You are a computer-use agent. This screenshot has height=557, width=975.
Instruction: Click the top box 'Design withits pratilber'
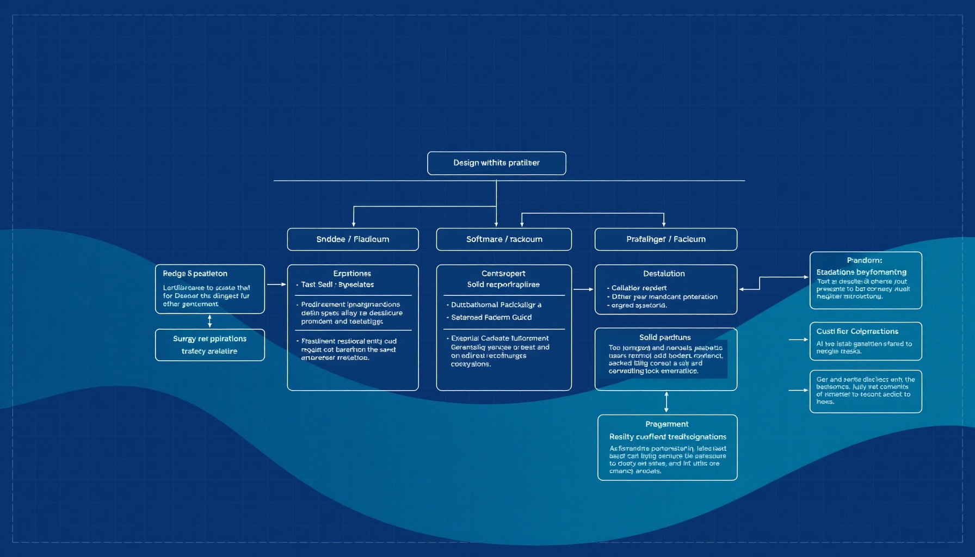[x=496, y=163]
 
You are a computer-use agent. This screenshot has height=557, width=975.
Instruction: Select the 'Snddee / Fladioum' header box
[x=353, y=239]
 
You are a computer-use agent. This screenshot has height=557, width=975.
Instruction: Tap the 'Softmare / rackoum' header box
[x=504, y=239]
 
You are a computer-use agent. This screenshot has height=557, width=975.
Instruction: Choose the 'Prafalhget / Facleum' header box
[x=665, y=239]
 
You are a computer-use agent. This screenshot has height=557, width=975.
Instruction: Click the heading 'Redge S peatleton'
[x=195, y=274]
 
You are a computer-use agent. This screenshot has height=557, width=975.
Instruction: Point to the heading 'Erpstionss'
[x=352, y=274]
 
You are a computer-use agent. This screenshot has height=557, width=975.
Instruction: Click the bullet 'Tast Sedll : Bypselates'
[x=337, y=284]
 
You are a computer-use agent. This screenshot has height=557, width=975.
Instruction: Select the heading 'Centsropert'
[x=503, y=274]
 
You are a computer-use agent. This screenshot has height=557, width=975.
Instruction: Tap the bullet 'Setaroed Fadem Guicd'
[x=491, y=317]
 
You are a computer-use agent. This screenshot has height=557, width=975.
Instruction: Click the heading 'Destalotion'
[x=664, y=274]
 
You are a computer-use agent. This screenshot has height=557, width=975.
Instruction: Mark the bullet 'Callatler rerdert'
[x=639, y=288]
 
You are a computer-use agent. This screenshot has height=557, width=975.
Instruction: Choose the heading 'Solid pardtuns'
[x=665, y=337]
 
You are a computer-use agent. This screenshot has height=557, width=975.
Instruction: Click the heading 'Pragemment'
[x=667, y=424]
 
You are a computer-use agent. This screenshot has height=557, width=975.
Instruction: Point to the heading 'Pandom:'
[x=865, y=261]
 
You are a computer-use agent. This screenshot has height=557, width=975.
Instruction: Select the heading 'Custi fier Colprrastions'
[x=857, y=331]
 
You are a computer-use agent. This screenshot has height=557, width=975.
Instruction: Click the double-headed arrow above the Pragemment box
[x=667, y=402]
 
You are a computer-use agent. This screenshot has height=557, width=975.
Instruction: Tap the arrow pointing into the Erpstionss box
[x=276, y=284]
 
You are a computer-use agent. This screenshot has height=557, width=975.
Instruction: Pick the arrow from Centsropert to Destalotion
[x=583, y=289]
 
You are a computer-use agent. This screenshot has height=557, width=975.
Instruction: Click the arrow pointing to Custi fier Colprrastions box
[x=798, y=339]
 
